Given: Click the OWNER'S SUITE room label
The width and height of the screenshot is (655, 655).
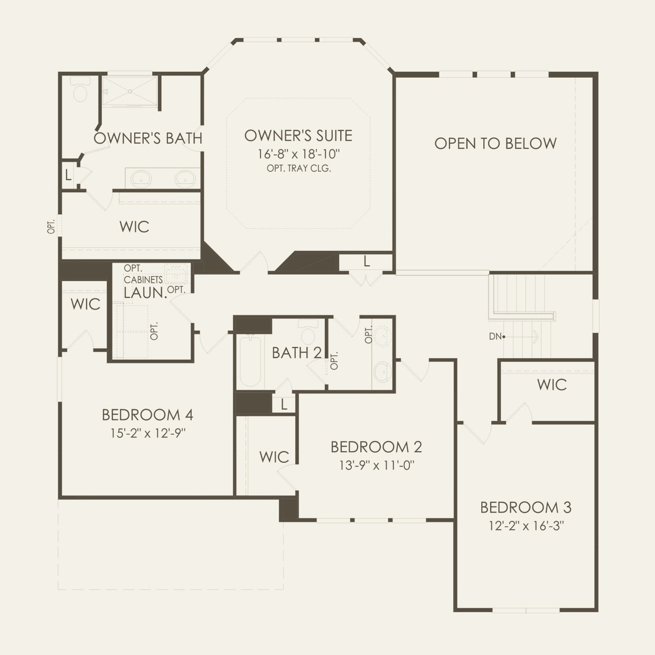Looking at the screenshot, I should tap(298, 136).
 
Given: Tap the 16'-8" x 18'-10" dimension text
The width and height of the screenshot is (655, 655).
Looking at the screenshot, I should tap(298, 154).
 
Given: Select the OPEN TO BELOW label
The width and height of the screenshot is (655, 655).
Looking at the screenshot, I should tap(495, 144).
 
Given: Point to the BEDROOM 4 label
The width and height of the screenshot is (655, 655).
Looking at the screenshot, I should tap(148, 415).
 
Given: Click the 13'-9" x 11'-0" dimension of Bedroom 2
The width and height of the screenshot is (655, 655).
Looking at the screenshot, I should tap(376, 465).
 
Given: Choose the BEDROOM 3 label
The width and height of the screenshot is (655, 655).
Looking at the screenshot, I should tap(526, 508).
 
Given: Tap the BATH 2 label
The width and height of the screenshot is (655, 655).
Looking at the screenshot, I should tap(296, 353).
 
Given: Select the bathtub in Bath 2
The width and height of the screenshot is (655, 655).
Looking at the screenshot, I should tap(250, 362).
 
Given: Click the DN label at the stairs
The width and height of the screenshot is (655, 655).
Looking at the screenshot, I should tap(495, 336).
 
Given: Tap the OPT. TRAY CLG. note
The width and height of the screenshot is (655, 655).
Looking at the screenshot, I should tap(298, 169).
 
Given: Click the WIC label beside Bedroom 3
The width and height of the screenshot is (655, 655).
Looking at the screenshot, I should tap(551, 385).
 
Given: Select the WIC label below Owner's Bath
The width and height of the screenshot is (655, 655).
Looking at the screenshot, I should tap(134, 227).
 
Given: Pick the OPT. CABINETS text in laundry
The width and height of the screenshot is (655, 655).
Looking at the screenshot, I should tap(143, 274).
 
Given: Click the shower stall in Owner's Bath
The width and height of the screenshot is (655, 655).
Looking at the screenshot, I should tap(129, 91).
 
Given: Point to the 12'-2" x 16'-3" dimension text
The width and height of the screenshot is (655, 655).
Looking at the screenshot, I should tap(526, 526).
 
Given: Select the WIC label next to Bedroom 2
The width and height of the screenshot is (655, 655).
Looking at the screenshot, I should tap(274, 457).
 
